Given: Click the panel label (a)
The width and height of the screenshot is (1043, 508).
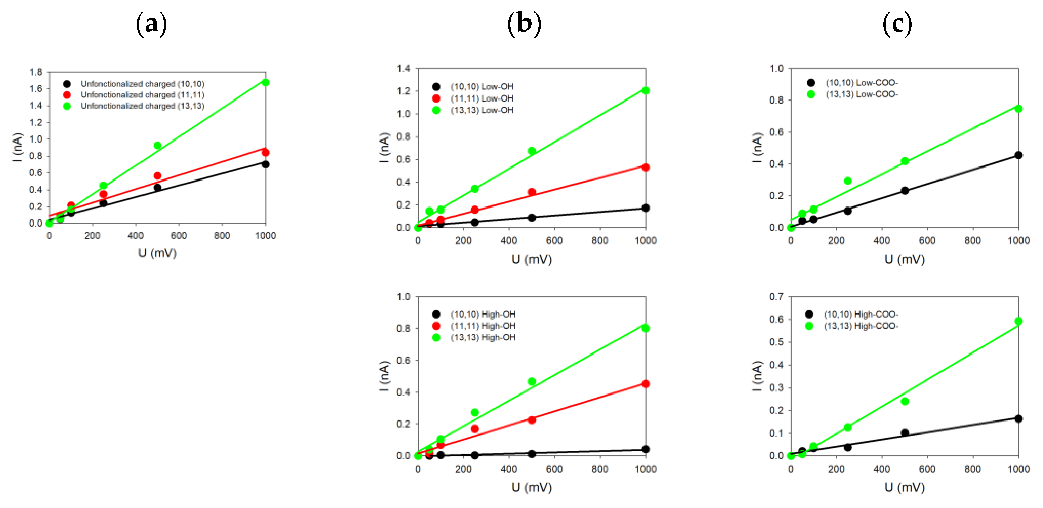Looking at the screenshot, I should (151, 24).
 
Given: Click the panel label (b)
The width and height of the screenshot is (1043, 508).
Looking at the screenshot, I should (524, 24).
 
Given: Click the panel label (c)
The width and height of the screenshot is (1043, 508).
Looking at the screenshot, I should (897, 24).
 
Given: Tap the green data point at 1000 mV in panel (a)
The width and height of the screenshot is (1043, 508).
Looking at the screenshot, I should (266, 83).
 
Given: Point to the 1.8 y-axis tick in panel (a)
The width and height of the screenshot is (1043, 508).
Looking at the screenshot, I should (36, 72).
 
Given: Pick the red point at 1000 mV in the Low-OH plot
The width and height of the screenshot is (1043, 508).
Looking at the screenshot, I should (646, 167).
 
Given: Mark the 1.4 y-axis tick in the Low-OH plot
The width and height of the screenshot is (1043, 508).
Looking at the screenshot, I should (404, 68).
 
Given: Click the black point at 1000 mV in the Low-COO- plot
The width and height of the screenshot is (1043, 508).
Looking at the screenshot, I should (1019, 155).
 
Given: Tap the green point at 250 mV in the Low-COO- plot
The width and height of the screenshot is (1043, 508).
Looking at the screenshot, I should (848, 181).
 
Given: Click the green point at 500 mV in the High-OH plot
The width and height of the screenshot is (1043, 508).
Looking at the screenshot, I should (532, 382).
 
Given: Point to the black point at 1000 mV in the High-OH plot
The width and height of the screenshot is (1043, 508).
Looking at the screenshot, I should (646, 449).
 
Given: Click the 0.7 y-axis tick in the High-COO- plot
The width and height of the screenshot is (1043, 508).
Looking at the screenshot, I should (776, 296).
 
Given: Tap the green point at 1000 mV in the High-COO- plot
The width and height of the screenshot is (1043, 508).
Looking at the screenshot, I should (1019, 321).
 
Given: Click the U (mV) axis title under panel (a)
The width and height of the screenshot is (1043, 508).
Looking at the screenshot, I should (157, 253).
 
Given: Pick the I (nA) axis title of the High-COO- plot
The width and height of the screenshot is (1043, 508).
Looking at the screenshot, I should (757, 376).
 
